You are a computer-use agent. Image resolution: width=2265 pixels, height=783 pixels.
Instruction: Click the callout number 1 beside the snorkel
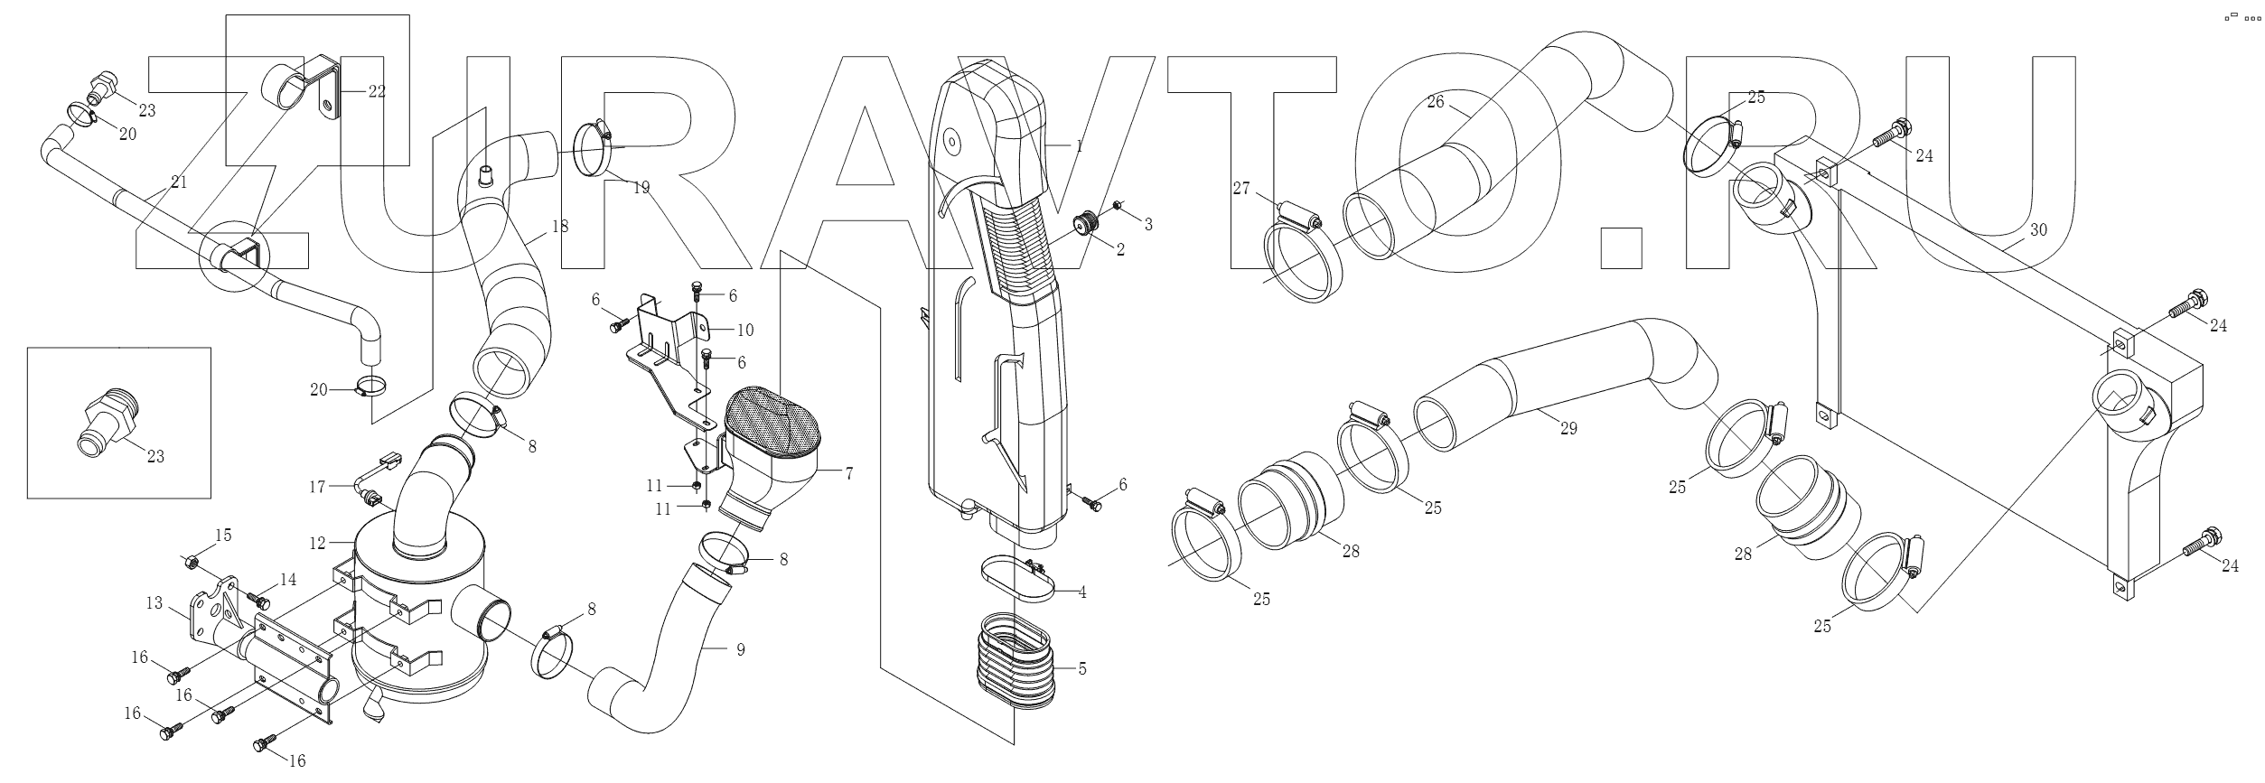(x=1078, y=144)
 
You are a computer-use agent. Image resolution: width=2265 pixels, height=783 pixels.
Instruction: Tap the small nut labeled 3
(x=1118, y=207)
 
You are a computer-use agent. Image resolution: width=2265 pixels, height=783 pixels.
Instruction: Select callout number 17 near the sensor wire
(x=317, y=488)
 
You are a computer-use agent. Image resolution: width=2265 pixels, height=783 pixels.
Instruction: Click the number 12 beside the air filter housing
(x=317, y=544)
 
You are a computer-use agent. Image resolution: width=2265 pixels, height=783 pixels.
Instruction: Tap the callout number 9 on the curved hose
(x=740, y=649)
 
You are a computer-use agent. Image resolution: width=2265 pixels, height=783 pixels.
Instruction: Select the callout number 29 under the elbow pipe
(x=1568, y=428)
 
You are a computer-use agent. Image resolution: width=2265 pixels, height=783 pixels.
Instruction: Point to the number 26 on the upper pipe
(x=1436, y=102)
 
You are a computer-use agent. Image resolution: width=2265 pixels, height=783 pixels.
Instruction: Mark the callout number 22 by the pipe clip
(x=376, y=90)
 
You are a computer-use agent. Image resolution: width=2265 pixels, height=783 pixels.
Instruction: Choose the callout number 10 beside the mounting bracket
(x=745, y=330)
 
